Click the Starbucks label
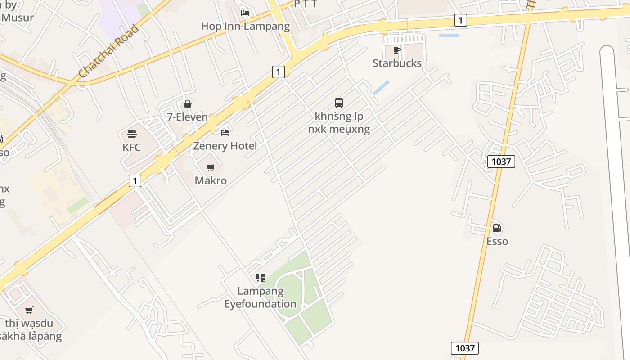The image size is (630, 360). click(x=397, y=63)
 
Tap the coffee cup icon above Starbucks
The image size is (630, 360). click(x=396, y=50)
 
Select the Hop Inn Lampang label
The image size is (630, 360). click(x=245, y=26)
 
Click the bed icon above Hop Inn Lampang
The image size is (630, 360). click(x=245, y=13)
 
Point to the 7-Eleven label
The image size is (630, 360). click(x=188, y=117)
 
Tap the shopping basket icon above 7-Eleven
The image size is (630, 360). click(x=188, y=104)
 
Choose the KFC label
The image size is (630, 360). click(x=132, y=148)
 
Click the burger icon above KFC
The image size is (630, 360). click(x=132, y=134)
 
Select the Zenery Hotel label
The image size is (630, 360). click(x=225, y=146)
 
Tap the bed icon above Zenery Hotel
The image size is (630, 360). click(x=225, y=132)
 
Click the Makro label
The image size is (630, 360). click(x=211, y=181)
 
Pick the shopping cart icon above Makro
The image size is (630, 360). click(x=211, y=167)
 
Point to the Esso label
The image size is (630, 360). click(x=497, y=242)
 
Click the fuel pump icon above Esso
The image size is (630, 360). click(x=497, y=228)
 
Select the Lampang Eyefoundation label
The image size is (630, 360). click(x=261, y=297)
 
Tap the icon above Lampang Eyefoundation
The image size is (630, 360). click(x=261, y=278)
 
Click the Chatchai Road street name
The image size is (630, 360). click(x=108, y=52)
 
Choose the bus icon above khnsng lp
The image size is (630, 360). click(x=339, y=103)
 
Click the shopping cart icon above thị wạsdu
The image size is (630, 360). click(x=29, y=310)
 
